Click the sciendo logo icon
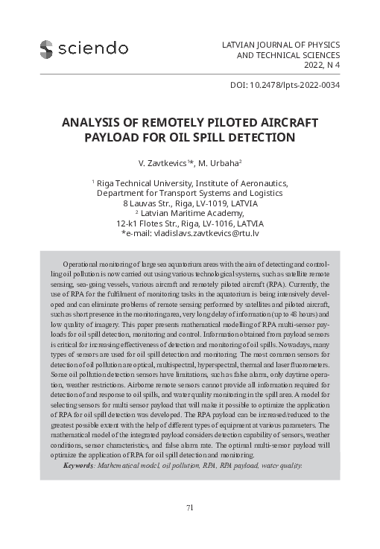pyautogui.click(x=46, y=48)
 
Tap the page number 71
pyautogui.click(x=190, y=507)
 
